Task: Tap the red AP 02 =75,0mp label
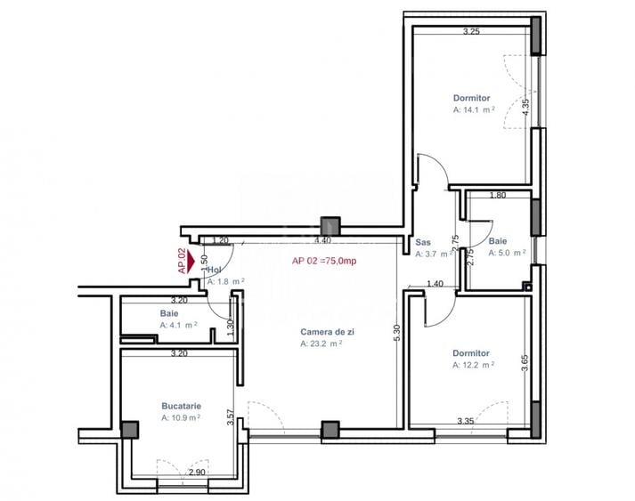coord(324,262)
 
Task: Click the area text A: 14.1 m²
coord(473,110)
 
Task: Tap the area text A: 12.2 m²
coord(473,365)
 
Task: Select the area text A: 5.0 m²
coord(507,253)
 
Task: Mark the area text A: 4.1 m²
coord(179,325)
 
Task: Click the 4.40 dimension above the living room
coord(322,239)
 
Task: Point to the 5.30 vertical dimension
coord(397,334)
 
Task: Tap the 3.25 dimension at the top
coord(471,32)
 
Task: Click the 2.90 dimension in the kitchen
coord(197,473)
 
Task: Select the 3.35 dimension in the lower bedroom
coord(465,421)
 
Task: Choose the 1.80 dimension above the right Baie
coord(498,195)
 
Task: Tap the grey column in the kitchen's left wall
coord(130,431)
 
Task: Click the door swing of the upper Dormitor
coord(431,171)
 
